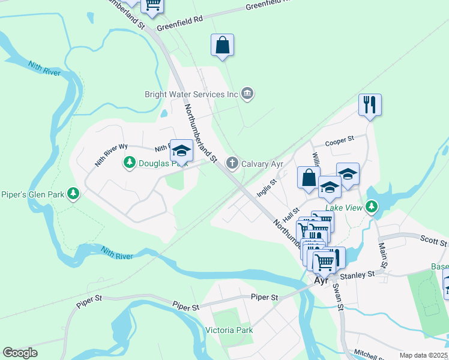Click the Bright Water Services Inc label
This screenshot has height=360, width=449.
click(191, 94)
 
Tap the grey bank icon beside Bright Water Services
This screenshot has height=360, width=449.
click(247, 94)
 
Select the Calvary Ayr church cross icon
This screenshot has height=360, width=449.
click(232, 163)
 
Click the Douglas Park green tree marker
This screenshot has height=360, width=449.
click(129, 163)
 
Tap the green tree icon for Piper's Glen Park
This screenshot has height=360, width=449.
click(73, 193)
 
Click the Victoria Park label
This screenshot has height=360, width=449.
click(229, 330)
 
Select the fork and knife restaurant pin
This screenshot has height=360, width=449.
click(370, 105)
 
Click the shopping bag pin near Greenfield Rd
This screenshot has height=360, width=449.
click(222, 45)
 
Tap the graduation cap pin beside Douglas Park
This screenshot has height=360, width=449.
click(181, 150)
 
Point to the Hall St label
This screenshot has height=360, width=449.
click(292, 214)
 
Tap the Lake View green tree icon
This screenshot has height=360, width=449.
click(372, 207)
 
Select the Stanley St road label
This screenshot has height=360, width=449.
click(357, 274)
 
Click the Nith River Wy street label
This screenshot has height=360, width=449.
click(112, 155)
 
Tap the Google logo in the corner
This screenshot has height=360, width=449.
click(20, 353)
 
